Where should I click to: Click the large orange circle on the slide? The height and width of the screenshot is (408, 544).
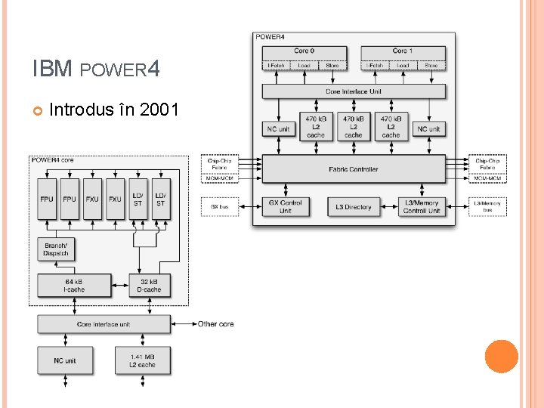[x=502, y=357]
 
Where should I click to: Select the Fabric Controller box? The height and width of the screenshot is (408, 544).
[x=354, y=169]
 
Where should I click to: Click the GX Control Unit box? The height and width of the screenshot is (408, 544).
[x=285, y=206]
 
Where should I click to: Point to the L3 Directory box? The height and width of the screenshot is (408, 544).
[x=354, y=206]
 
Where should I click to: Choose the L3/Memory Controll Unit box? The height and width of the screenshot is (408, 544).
[x=422, y=206]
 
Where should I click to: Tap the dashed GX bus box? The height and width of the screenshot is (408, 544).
[x=219, y=206]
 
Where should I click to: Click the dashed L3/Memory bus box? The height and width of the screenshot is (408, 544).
[x=487, y=206]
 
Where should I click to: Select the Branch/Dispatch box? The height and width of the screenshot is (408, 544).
[x=56, y=250]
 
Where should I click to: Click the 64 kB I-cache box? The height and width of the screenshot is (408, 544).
[x=69, y=286]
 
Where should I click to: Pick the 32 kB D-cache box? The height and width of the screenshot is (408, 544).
[x=149, y=286]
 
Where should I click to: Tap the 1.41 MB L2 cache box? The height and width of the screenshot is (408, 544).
[x=142, y=361]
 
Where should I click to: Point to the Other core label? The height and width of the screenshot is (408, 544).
[x=215, y=324]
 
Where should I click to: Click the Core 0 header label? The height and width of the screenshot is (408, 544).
[x=304, y=51]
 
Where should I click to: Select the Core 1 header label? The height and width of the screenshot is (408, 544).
[x=403, y=51]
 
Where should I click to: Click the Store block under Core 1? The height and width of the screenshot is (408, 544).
[x=431, y=66]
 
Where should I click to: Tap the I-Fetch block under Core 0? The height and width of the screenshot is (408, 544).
[x=276, y=66]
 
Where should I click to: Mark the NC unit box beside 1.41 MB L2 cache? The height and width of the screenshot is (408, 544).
[x=65, y=361]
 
